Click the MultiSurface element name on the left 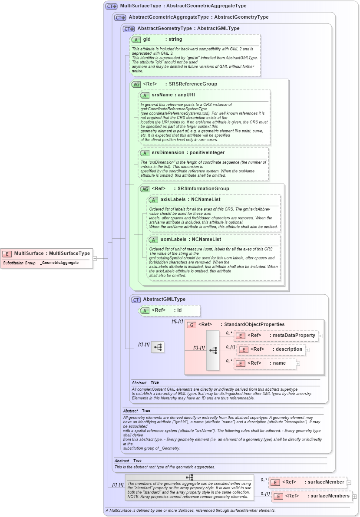[x=29, y=253]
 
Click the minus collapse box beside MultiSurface [x=95, y=258]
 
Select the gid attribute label [x=147, y=40]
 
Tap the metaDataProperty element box [x=276, y=335]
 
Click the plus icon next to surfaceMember [x=349, y=482]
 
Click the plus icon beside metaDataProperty [x=320, y=335]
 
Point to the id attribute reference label [x=178, y=310]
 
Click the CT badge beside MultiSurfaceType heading [x=112, y=6]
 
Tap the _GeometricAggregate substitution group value [x=59, y=263]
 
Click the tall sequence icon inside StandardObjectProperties [x=213, y=350]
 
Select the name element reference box [x=265, y=363]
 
